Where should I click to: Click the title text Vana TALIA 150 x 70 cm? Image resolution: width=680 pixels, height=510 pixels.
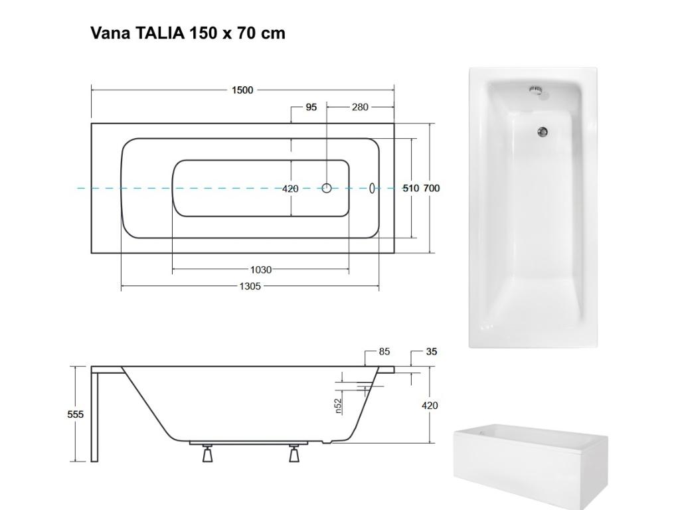[188, 33]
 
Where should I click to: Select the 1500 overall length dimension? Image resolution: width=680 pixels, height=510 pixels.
[242, 90]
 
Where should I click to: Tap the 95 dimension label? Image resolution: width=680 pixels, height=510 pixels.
[311, 107]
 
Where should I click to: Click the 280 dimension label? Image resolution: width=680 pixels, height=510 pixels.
[361, 107]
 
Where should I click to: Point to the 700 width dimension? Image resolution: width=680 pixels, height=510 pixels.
[432, 188]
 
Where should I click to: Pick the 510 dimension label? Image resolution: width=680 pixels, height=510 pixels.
[411, 188]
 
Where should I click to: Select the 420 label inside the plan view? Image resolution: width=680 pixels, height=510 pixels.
[290, 189]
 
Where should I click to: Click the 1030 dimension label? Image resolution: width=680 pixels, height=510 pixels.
[260, 270]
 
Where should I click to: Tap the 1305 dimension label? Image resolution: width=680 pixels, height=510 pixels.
[250, 286]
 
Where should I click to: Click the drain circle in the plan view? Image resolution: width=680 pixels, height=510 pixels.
[327, 188]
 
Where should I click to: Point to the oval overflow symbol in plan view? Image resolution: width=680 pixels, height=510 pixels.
[373, 188]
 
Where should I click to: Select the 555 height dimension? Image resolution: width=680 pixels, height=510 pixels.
[75, 414]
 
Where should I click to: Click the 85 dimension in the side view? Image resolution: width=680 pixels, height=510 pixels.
[384, 352]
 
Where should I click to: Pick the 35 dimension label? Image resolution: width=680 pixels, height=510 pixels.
[432, 352]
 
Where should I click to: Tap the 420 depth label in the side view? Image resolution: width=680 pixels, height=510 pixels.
[430, 405]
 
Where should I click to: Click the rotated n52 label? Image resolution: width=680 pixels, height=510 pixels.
[338, 406]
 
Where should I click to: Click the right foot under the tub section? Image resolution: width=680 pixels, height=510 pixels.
[294, 455]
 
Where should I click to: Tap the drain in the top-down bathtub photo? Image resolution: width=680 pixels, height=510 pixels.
[543, 131]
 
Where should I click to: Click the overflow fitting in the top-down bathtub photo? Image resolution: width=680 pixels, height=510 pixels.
[535, 90]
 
